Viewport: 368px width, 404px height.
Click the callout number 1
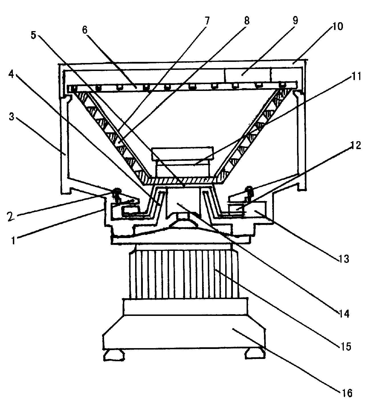pos(13,240)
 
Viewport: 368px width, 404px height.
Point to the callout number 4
pos(11,74)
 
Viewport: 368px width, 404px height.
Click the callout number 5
pos(33,35)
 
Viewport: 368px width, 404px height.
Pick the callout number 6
pos(85,30)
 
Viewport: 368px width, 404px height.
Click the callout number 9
pos(295,20)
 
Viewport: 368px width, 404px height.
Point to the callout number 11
pos(356,76)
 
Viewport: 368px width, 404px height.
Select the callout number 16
pos(346,393)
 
